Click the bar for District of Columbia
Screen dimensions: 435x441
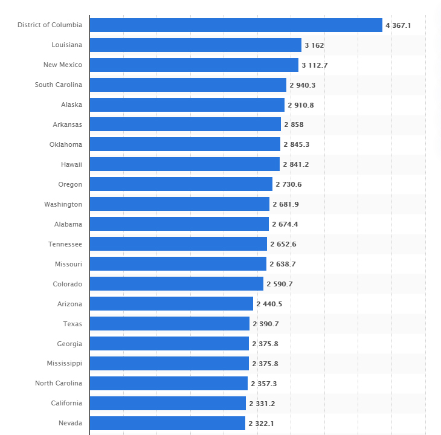(x=236, y=25)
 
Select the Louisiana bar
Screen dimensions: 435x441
(x=195, y=45)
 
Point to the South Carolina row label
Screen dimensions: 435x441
(x=59, y=85)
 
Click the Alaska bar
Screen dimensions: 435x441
(x=187, y=105)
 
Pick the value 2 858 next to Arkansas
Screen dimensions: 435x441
(x=294, y=124)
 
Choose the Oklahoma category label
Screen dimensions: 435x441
(x=66, y=144)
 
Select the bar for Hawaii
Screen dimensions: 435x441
(x=184, y=164)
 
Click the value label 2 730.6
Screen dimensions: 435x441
(x=289, y=184)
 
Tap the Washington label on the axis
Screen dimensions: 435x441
(x=63, y=204)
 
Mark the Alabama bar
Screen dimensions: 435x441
(x=179, y=224)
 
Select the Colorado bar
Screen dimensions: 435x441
(x=176, y=284)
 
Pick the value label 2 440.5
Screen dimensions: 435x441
(x=269, y=304)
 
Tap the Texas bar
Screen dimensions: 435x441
(x=169, y=324)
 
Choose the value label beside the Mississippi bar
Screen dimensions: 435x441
(x=265, y=364)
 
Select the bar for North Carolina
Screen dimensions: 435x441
(x=169, y=384)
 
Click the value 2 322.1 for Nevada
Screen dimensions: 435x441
(x=261, y=424)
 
